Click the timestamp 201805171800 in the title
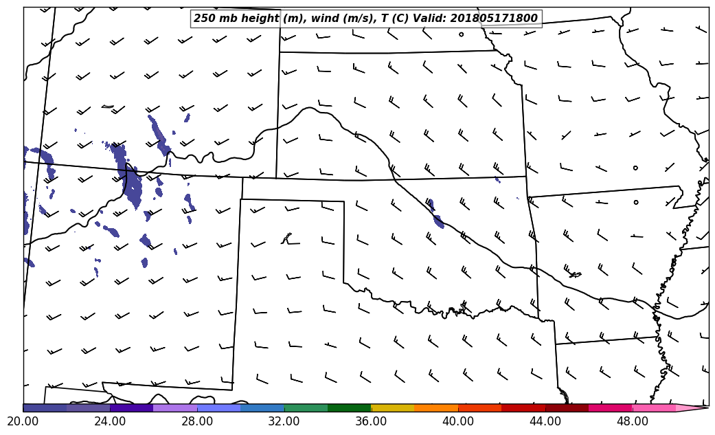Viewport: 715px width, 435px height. click(494, 19)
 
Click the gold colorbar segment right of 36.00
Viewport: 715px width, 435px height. click(392, 408)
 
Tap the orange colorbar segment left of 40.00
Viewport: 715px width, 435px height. click(436, 408)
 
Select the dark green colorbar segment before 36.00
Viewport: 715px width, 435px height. click(349, 408)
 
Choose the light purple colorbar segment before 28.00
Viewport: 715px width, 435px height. click(175, 408)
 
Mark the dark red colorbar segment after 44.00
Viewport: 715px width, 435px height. click(567, 408)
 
